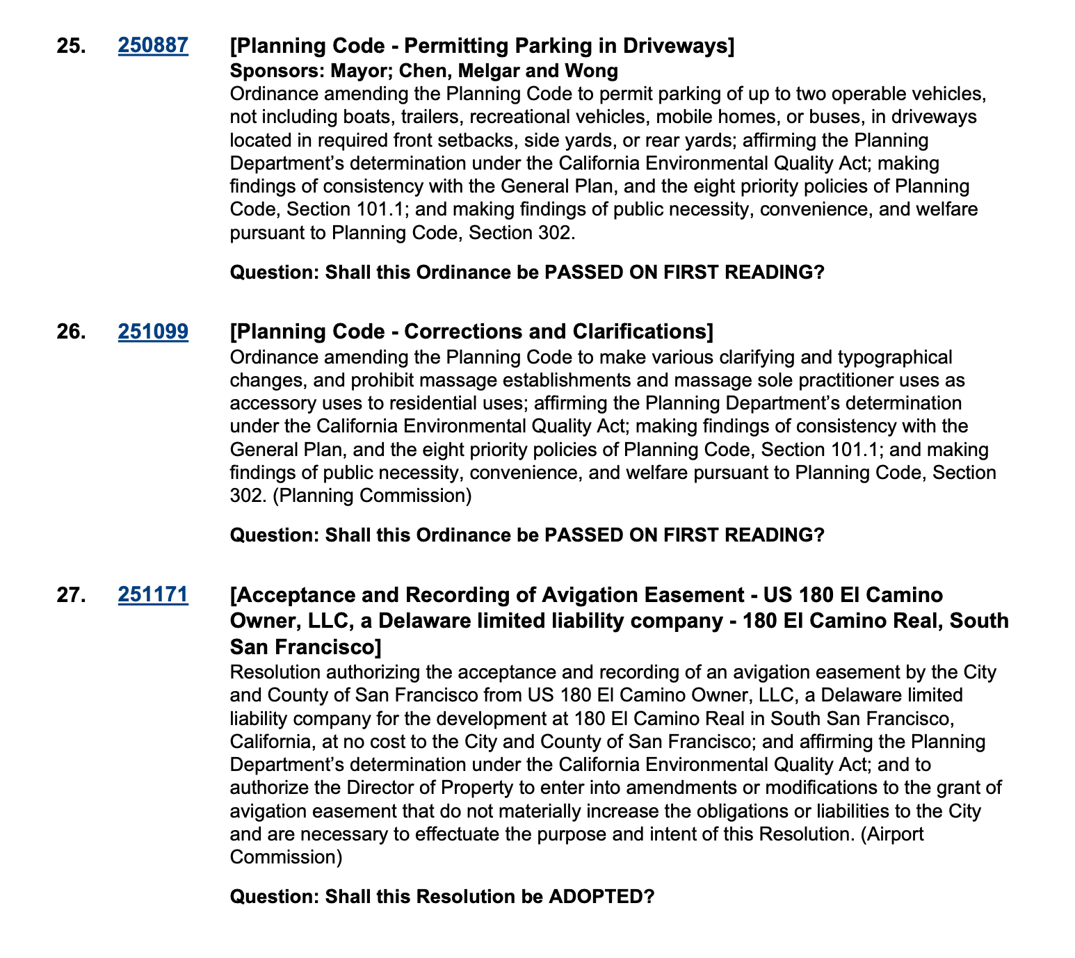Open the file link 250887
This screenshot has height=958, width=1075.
point(153,46)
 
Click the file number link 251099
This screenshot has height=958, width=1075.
point(153,332)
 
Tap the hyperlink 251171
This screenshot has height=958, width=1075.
point(153,595)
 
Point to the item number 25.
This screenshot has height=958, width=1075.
point(72,46)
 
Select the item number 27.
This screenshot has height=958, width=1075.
point(72,595)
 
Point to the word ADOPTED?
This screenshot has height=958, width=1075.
point(602,896)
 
